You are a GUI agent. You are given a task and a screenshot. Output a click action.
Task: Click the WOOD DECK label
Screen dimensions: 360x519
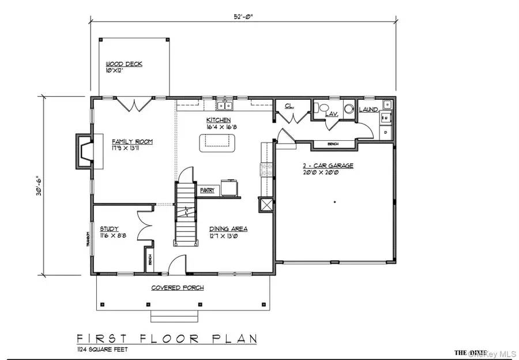(123, 63)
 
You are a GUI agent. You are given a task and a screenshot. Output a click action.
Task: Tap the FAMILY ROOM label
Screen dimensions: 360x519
(132, 141)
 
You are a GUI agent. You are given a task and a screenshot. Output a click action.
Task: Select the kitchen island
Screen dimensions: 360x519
(219, 142)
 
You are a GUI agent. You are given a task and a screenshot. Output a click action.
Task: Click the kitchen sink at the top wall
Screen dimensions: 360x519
(224, 105)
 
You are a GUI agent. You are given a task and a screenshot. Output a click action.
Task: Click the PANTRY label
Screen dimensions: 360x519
(208, 190)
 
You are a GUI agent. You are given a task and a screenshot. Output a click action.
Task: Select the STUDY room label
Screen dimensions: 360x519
(108, 228)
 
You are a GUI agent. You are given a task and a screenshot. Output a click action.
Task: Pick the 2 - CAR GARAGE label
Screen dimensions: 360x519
(328, 166)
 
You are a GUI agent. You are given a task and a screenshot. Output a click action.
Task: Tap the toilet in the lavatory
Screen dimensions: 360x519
(324, 108)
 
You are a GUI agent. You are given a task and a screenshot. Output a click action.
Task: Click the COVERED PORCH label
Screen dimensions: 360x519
(177, 287)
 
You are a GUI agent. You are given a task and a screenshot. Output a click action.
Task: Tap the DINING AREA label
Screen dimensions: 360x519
(228, 228)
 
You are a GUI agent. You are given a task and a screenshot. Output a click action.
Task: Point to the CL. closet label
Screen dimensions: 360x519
(289, 106)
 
